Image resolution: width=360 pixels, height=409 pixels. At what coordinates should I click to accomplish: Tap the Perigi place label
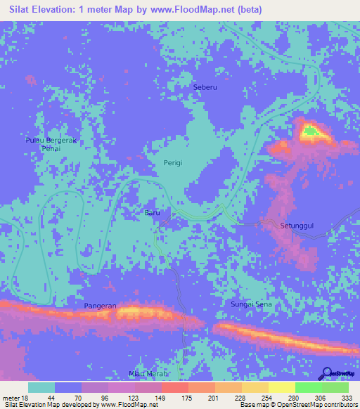173,162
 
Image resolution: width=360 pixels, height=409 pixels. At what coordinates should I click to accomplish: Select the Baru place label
153,212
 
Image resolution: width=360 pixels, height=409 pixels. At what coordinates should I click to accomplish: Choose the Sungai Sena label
251,304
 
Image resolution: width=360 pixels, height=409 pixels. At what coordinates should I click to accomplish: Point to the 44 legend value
51,398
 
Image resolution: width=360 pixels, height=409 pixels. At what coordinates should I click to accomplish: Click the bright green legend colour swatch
308,388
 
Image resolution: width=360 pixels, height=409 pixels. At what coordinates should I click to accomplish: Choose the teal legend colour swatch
41,388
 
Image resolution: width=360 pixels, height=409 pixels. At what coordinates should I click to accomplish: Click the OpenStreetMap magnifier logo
327,372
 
